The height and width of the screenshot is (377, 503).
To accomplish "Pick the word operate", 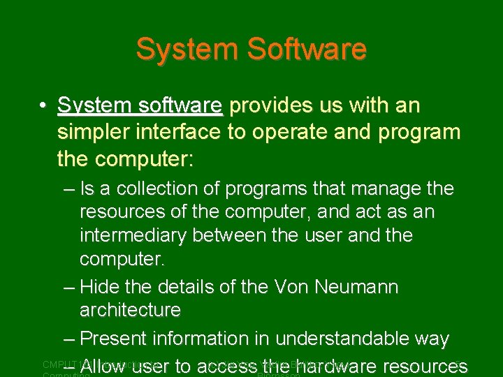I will tap(293, 132).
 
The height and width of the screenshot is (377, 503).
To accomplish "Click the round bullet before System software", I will tap(43, 106).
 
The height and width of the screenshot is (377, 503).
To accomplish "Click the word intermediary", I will tap(133, 236).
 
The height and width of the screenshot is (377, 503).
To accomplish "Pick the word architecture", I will tap(130, 309).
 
